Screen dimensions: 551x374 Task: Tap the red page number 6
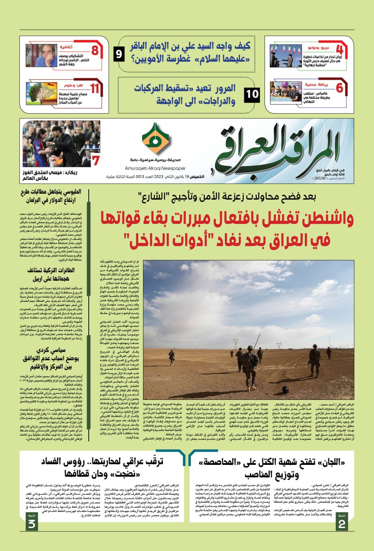pyautogui.click(x=340, y=88)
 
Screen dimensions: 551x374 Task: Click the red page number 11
pyautogui.click(x=95, y=89)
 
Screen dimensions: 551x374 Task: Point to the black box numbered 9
pyautogui.click(x=119, y=55)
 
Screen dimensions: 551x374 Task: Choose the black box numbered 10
pyautogui.click(x=252, y=94)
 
